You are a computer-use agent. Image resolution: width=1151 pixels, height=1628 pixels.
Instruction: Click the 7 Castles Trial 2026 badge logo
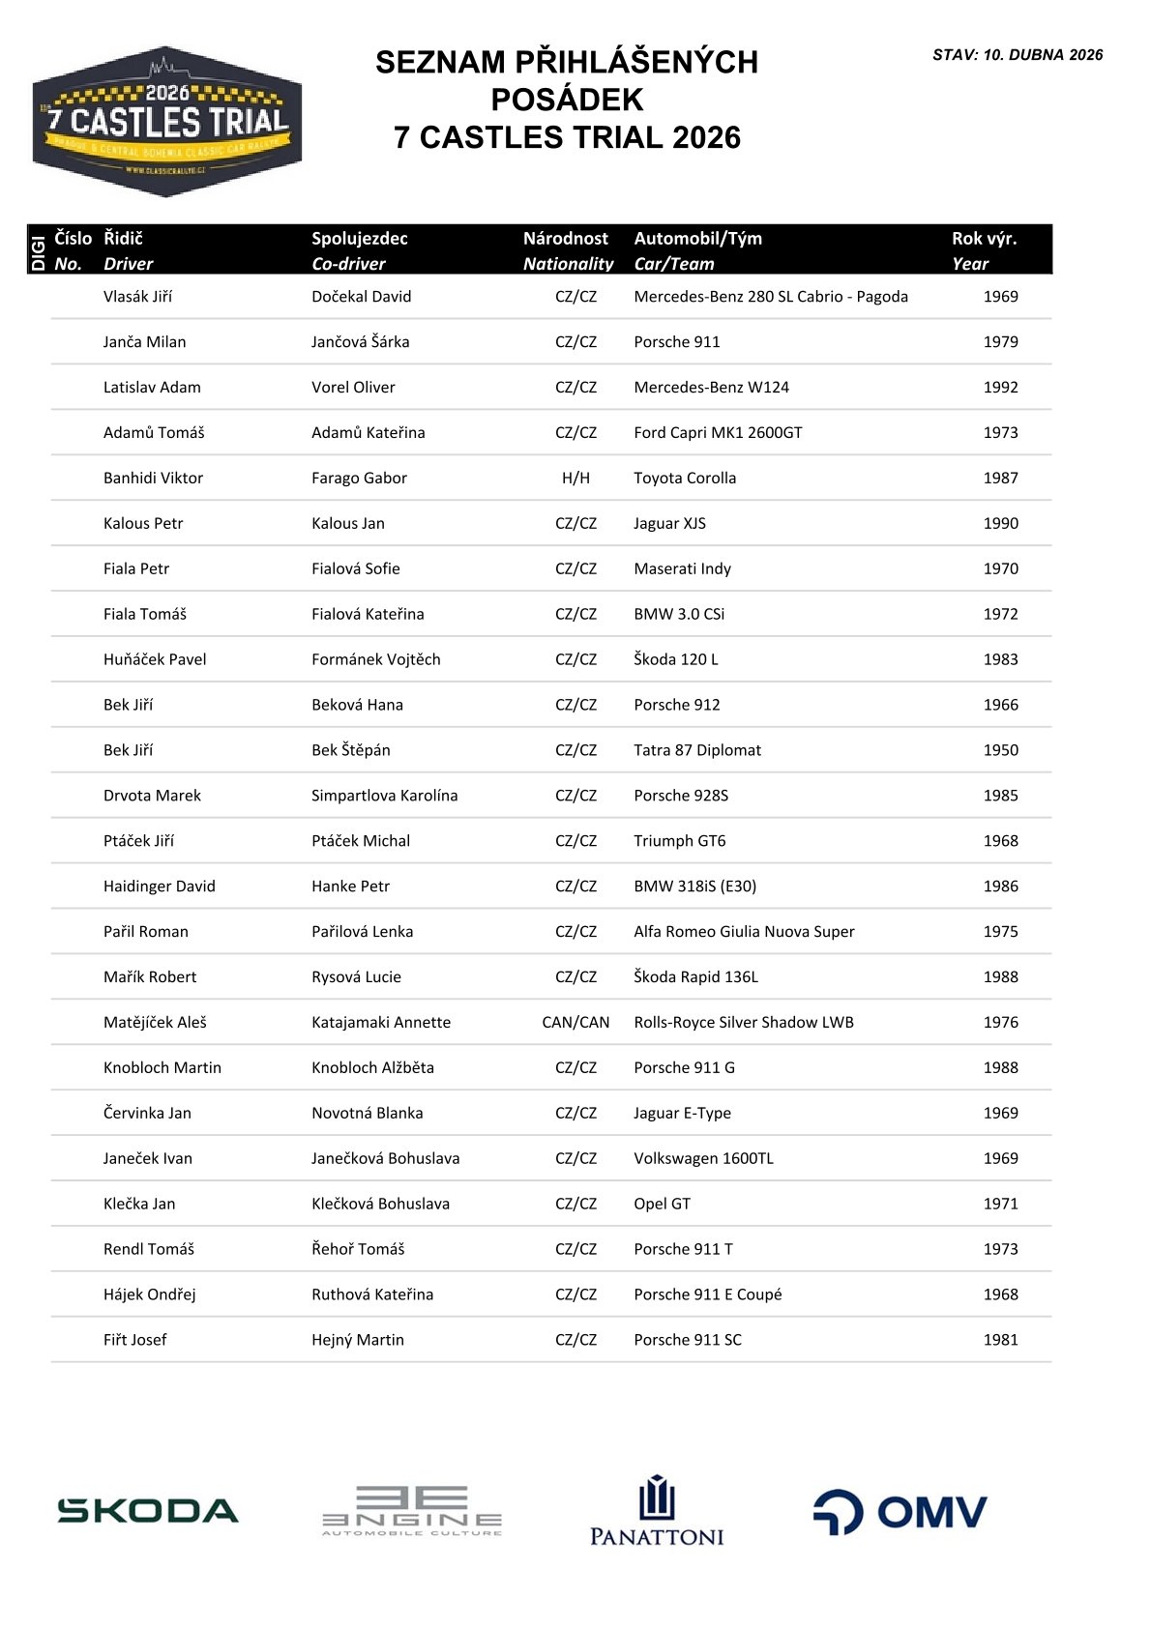(x=167, y=122)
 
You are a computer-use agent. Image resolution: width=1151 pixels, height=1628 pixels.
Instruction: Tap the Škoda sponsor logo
(x=148, y=1511)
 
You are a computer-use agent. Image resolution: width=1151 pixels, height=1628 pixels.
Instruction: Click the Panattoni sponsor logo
(x=657, y=1511)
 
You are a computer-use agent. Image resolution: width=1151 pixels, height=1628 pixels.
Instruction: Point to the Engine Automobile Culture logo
(x=412, y=1511)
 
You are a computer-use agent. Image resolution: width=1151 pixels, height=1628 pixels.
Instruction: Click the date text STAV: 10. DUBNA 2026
(x=1018, y=55)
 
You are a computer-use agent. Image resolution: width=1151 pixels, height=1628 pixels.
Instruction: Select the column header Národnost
(x=566, y=239)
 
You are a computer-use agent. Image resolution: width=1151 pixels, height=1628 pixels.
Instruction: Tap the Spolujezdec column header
(x=360, y=239)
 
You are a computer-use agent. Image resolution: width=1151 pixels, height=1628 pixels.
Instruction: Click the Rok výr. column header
(x=984, y=239)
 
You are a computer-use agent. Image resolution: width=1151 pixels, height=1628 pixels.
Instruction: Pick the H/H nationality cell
(x=575, y=479)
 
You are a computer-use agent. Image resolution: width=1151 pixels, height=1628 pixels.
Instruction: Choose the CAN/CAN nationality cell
(x=575, y=1023)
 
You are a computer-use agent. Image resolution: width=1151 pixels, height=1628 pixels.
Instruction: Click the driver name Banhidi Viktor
(x=153, y=479)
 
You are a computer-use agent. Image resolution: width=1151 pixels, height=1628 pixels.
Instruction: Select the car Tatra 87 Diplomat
(x=697, y=750)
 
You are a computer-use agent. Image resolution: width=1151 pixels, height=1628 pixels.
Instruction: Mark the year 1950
(x=1000, y=750)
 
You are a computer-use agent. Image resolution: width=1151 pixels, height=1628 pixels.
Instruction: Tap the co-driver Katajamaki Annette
(x=381, y=1023)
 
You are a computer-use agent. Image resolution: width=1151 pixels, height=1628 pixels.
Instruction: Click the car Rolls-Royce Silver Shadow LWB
(x=744, y=1023)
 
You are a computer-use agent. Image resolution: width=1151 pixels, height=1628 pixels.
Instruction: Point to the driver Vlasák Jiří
(x=137, y=297)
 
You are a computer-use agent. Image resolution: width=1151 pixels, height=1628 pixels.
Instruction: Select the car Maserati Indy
(x=682, y=569)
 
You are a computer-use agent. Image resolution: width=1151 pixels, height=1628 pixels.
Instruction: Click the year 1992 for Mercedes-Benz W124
(x=1000, y=388)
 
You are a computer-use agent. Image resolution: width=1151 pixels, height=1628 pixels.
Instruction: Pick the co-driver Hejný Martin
(x=358, y=1340)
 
